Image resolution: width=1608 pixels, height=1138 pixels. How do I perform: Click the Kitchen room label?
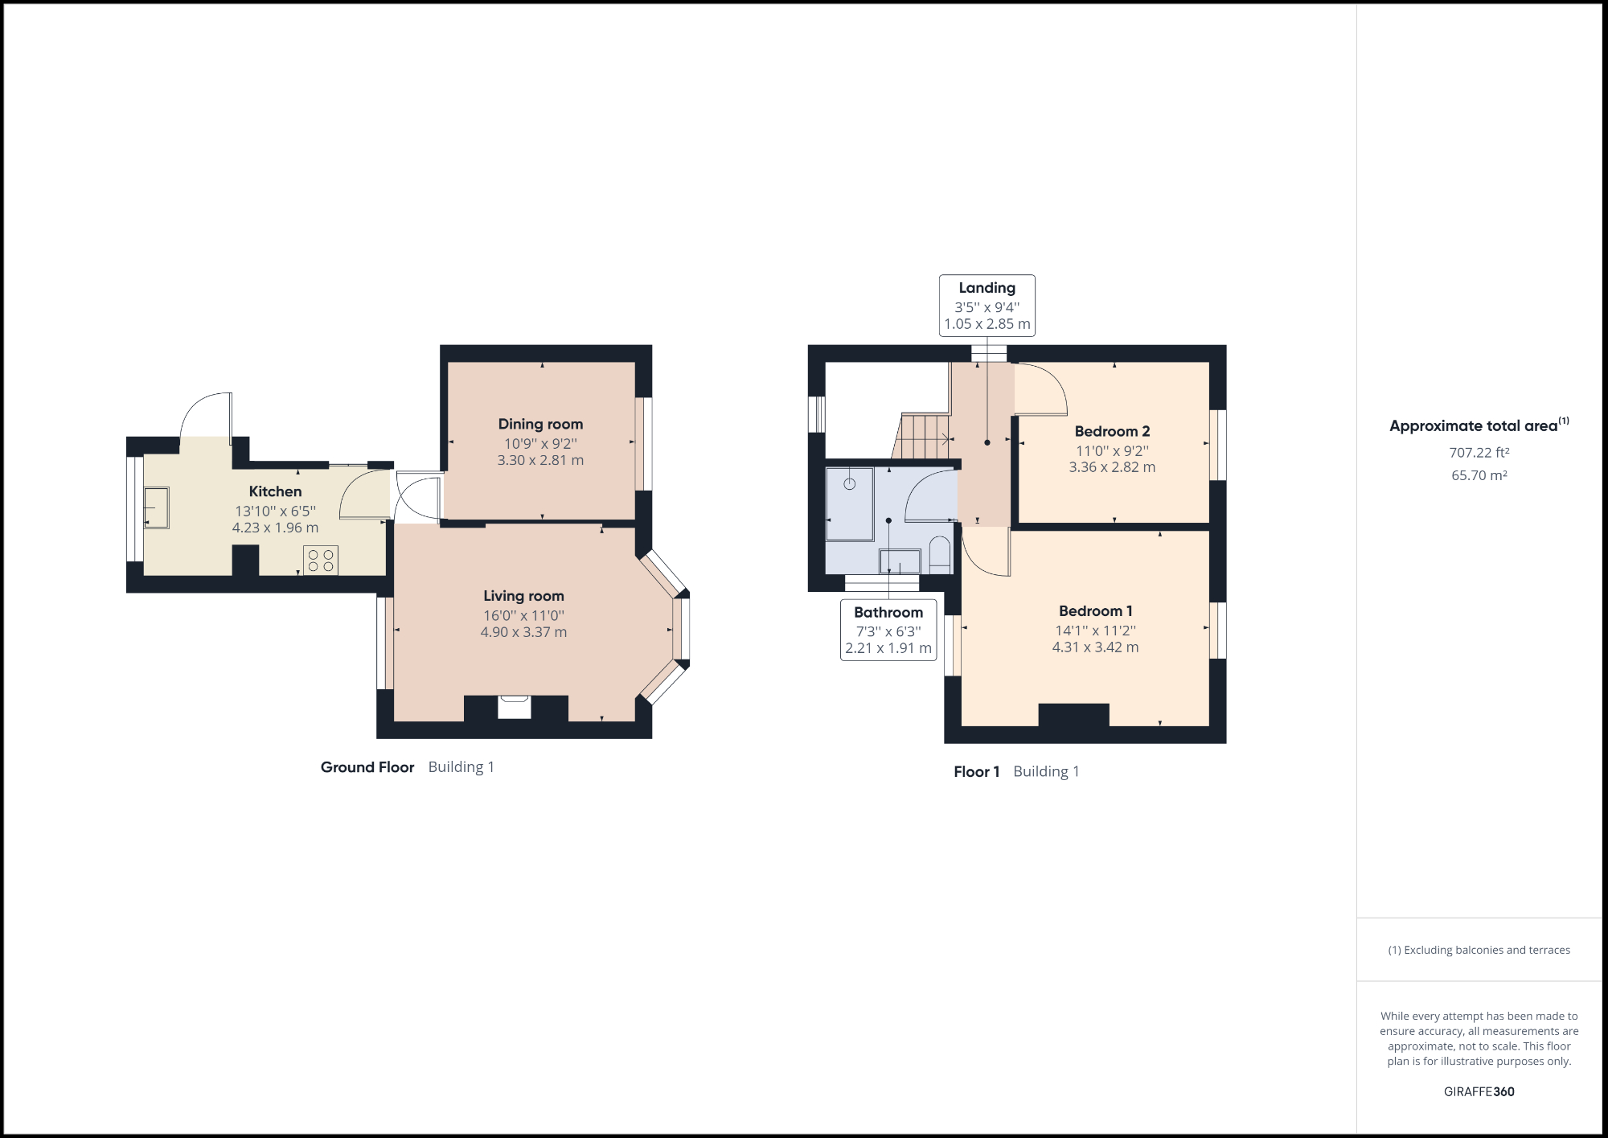point(275,491)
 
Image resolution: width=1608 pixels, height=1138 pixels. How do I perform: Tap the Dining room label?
point(540,424)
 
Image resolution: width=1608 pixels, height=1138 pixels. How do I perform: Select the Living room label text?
point(523,596)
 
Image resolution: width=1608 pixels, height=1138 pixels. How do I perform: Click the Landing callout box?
point(987,306)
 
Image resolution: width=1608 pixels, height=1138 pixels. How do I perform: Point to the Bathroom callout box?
point(888,630)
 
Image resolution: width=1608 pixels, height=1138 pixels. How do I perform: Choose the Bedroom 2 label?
point(1112,431)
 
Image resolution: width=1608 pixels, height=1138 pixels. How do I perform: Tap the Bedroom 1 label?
point(1095,611)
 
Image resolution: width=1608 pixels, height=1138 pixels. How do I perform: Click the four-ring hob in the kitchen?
point(321,561)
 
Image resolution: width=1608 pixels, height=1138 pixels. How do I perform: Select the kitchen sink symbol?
point(157,508)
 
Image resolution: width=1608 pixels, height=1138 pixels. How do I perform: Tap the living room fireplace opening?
point(515,707)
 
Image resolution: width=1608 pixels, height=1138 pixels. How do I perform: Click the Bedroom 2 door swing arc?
point(1042,390)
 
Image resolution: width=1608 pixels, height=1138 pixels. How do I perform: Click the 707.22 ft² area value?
point(1479,453)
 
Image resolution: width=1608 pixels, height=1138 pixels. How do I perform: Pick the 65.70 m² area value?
point(1479,475)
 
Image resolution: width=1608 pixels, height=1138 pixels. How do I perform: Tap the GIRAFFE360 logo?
point(1479,1091)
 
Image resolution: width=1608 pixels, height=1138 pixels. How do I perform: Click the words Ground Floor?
point(367,767)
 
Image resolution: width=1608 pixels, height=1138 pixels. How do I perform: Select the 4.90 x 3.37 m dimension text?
point(523,632)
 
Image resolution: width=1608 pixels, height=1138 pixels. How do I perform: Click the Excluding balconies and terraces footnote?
point(1479,950)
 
